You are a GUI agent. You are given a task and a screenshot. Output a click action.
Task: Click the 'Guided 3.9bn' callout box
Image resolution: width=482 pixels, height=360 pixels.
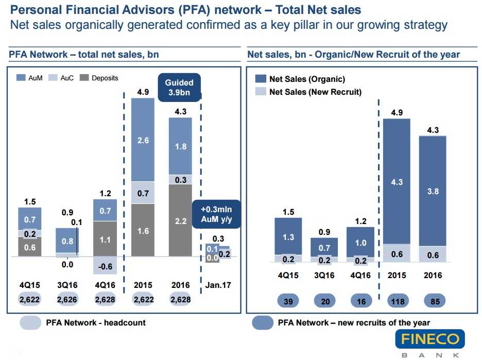pyautogui.click(x=179, y=88)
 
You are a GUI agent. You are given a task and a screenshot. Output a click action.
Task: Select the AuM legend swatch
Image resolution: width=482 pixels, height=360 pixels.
pyautogui.click(x=21, y=78)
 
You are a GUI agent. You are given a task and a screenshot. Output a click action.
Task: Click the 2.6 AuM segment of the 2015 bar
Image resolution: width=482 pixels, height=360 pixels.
pyautogui.click(x=143, y=140)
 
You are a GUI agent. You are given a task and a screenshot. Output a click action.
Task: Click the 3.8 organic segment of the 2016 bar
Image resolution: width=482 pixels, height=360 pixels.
pyautogui.click(x=433, y=191)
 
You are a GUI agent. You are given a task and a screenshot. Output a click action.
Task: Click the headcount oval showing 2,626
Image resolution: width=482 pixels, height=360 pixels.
pyautogui.click(x=67, y=299)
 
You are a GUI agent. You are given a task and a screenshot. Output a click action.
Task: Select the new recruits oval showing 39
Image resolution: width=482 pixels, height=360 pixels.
pyautogui.click(x=288, y=301)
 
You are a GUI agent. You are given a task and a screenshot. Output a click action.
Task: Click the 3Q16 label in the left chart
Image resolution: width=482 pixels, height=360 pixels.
pyautogui.click(x=67, y=285)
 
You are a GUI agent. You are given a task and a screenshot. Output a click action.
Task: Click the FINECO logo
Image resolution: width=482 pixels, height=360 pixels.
pyautogui.click(x=430, y=340)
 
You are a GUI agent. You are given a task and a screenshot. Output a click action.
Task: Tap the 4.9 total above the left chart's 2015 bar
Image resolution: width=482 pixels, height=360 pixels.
pyautogui.click(x=143, y=93)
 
